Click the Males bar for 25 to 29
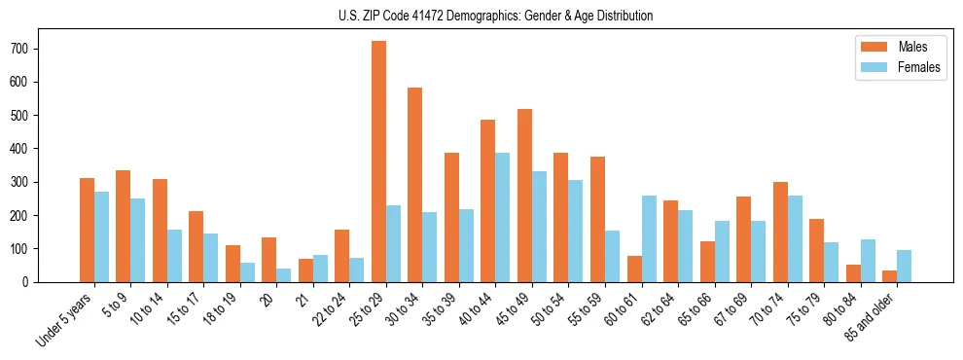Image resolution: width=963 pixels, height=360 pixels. pos(378,162)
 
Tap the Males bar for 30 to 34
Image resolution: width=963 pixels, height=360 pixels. pos(415,185)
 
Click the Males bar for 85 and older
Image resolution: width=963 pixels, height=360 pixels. pos(889,276)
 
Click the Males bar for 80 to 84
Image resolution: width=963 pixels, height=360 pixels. pos(853,273)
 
